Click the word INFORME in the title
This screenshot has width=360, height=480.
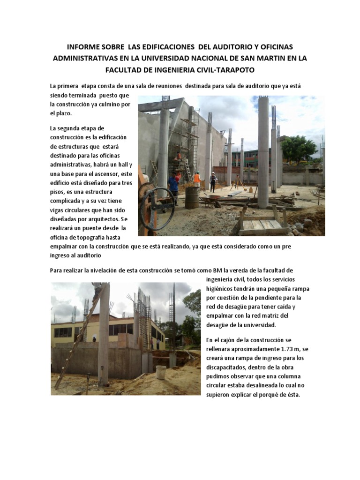coord(82,47)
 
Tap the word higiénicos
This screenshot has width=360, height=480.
coord(222,289)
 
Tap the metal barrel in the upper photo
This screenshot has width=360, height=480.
coord(192,197)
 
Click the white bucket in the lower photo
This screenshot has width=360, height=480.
coord(161,372)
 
